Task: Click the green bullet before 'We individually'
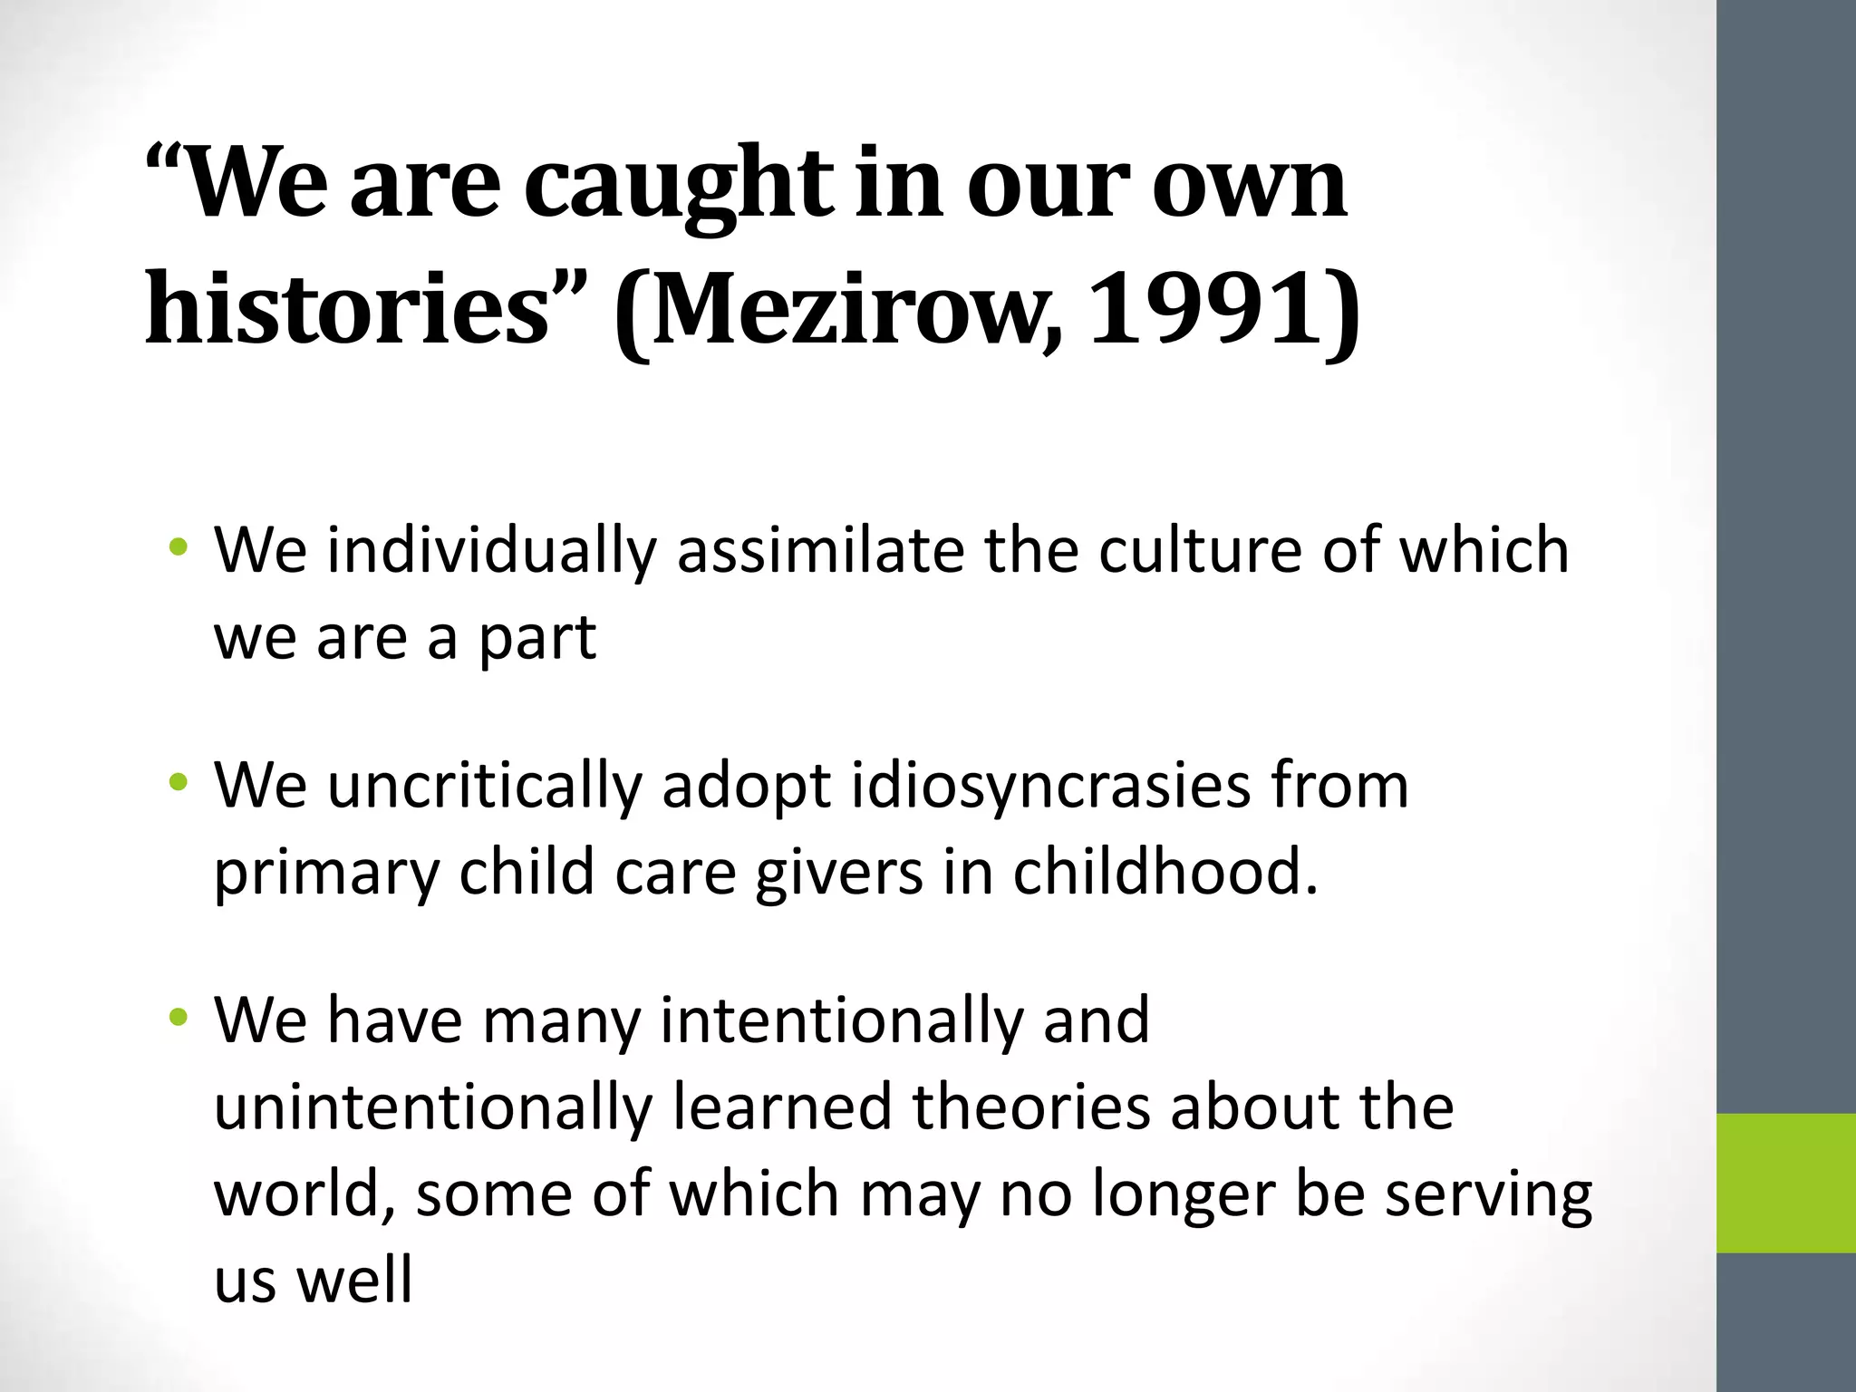click(x=179, y=546)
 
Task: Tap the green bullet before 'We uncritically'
click(x=179, y=780)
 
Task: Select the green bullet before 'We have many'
click(x=179, y=1016)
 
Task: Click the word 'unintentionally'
click(x=433, y=1107)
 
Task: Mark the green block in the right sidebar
click(x=1786, y=1183)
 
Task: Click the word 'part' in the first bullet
click(x=536, y=637)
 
